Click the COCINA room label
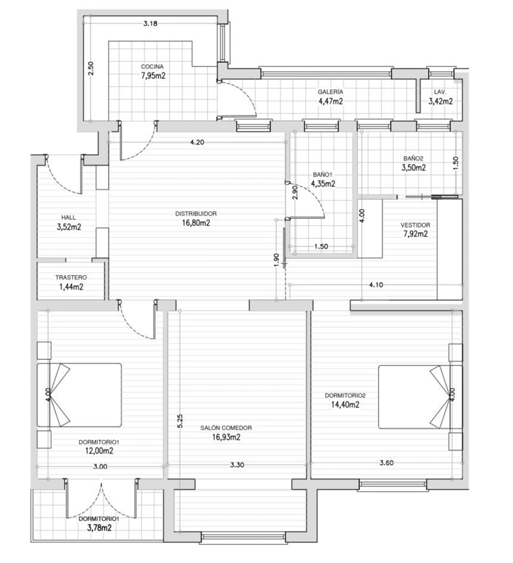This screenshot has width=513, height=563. coord(152,67)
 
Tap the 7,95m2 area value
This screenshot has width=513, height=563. coord(153,76)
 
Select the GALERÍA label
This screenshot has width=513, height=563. coord(330,92)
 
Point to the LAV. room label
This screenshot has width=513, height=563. coord(440,92)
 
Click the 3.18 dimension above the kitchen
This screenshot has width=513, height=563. coord(150,24)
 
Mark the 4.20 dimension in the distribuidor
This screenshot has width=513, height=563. coord(197,142)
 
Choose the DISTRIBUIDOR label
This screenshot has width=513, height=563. coord(196,214)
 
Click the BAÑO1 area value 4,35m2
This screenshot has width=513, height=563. coord(323,184)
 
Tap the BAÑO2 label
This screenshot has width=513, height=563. coord(413,158)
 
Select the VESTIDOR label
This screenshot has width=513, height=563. coord(416,225)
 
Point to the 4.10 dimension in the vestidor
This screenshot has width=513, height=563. coord(376,285)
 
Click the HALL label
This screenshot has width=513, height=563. coord(68,218)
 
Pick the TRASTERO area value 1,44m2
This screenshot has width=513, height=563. coord(71,287)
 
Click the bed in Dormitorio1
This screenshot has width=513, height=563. coord(79,395)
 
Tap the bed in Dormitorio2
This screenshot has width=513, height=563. coord(420,397)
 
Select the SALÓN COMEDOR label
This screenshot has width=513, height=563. coord(226,428)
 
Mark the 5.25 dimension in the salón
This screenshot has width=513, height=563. coord(180,421)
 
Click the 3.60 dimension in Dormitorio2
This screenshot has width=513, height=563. coord(386,463)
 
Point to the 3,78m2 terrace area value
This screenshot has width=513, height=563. coord(99,527)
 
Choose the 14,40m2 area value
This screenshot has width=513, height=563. coord(345,405)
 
